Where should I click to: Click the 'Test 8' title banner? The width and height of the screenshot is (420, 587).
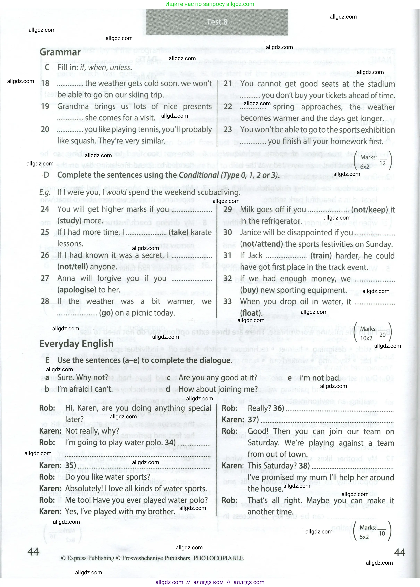pos(217,22)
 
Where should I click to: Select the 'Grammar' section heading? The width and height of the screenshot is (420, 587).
pos(60,52)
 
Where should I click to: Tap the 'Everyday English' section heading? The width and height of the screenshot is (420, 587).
pos(76,344)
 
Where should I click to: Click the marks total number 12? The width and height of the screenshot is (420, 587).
pos(383,163)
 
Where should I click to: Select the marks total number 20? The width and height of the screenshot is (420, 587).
pos(383,335)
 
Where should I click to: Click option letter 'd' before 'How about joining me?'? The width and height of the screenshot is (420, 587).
pos(168,389)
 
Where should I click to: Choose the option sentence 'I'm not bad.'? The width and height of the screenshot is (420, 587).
pos(320,378)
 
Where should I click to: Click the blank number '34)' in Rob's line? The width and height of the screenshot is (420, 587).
pos(170,442)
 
